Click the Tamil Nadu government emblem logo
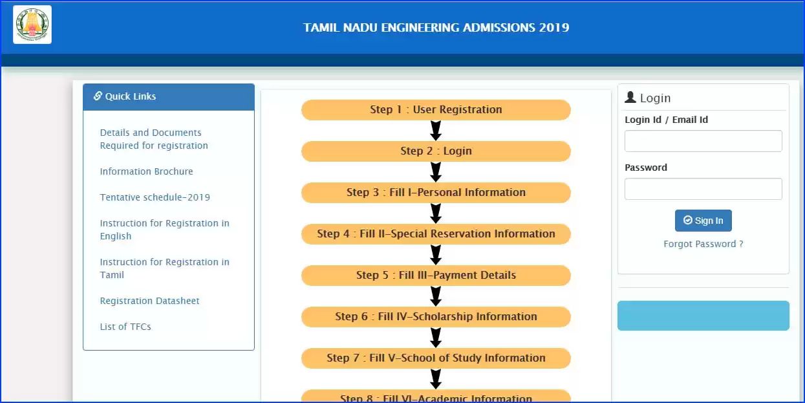(32, 25)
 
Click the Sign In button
(703, 221)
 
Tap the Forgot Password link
(703, 244)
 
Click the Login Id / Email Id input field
(703, 141)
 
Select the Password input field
(703, 189)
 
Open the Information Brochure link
(146, 171)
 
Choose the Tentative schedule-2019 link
(155, 197)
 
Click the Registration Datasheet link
(149, 301)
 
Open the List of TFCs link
(125, 327)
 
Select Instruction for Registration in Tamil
(165, 268)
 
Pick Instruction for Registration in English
(165, 230)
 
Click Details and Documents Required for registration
(154, 139)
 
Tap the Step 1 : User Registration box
(436, 110)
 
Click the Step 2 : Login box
(436, 151)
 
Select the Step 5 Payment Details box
(436, 276)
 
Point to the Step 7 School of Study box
(436, 358)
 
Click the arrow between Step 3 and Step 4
(436, 213)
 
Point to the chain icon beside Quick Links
(98, 96)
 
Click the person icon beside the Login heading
(630, 97)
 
